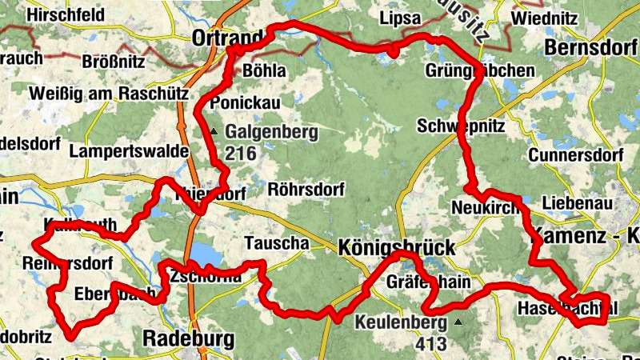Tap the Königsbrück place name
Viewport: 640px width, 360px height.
[x=396, y=246]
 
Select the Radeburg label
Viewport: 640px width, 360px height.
[x=189, y=338]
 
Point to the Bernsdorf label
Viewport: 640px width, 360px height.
[x=590, y=48]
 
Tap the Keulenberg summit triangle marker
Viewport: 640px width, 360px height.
[x=458, y=322]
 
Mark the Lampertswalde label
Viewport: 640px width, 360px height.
[x=129, y=150]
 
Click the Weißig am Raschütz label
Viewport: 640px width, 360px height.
[x=110, y=94]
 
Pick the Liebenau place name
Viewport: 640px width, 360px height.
[x=577, y=203]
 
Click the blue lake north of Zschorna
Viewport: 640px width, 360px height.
[x=206, y=254]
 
